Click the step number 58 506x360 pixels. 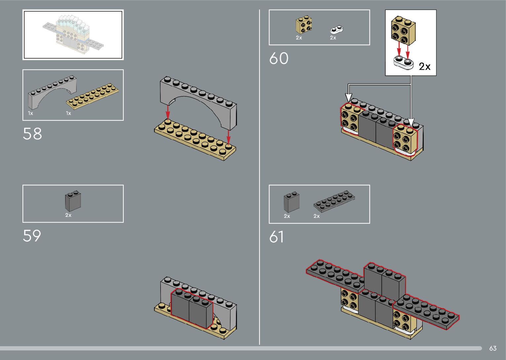coord(32,134)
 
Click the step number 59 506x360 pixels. coord(32,236)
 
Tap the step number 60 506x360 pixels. coord(279,59)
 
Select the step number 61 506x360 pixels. coord(277,237)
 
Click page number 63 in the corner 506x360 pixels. coord(493,348)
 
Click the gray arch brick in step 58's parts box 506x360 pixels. coord(52,93)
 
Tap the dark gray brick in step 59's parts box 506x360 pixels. coord(73,201)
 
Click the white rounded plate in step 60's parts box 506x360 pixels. coord(337,30)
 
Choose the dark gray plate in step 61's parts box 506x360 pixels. coord(334,200)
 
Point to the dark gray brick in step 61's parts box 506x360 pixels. coord(292,202)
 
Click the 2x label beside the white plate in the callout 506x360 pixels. coord(425,67)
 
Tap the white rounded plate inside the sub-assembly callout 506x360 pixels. coord(403,62)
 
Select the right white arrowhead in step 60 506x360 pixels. coord(411,123)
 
